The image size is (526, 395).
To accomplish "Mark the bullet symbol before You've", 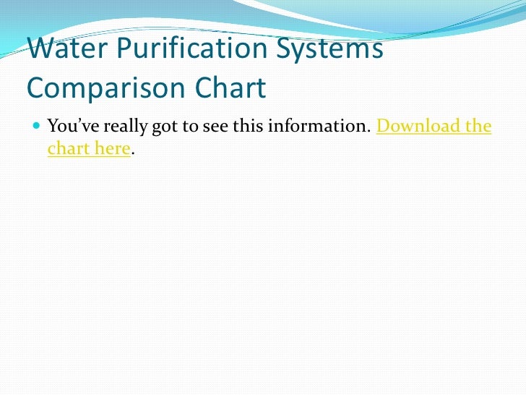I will pos(37,127).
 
